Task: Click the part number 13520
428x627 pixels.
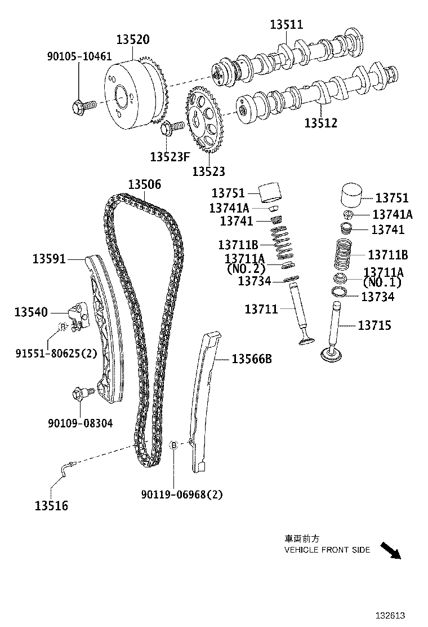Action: pos(133,40)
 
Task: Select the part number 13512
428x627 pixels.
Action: pos(321,122)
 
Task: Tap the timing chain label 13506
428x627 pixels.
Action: pos(144,184)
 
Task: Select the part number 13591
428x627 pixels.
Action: pos(49,259)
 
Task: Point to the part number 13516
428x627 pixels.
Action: pos(51,506)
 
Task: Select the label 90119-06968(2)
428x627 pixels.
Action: pos(182,494)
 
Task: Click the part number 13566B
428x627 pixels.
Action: pos(252,359)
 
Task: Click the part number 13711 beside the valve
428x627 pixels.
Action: pos(261,309)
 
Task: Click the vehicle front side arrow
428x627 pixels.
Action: pos(389,550)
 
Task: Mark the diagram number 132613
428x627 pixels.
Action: pos(391,616)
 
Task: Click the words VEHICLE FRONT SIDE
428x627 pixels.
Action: pos(327,550)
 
